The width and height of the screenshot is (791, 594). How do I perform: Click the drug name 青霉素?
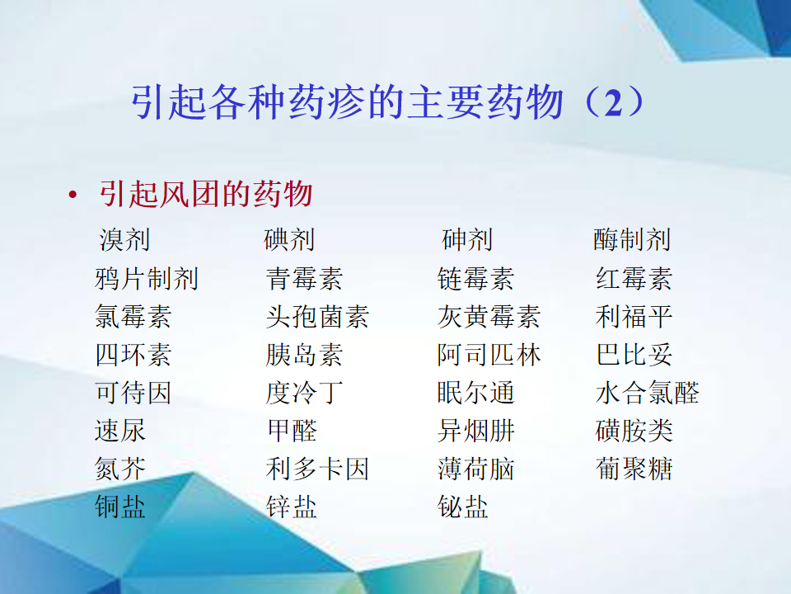(x=304, y=279)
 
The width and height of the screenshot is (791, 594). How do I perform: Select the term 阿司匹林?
(x=489, y=355)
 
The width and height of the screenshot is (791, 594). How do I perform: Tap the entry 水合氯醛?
(x=648, y=393)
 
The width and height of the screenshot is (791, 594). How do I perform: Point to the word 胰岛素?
(x=304, y=355)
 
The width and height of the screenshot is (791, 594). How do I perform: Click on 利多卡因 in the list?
(x=317, y=469)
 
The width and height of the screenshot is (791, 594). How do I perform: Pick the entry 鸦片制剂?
(x=147, y=279)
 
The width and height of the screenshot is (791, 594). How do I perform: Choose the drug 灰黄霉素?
(x=489, y=317)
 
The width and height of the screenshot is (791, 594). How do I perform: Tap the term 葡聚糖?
(x=634, y=469)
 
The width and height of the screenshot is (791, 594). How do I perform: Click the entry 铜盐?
(x=120, y=507)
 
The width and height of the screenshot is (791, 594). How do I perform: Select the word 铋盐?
(x=462, y=507)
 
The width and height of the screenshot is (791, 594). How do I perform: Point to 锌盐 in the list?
(x=291, y=507)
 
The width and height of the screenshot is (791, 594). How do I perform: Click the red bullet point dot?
(x=73, y=195)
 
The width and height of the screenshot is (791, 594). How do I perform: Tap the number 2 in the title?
(x=613, y=103)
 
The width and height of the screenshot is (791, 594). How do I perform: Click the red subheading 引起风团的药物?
(x=206, y=194)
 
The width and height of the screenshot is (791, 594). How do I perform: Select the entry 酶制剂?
(x=632, y=239)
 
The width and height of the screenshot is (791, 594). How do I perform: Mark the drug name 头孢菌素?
(x=317, y=317)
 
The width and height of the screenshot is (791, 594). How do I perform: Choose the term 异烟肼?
(x=475, y=431)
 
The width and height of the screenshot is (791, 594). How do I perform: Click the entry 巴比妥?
(x=634, y=355)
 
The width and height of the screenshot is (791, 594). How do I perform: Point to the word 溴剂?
(x=124, y=239)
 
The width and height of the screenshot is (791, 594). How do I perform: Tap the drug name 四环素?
(x=133, y=355)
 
